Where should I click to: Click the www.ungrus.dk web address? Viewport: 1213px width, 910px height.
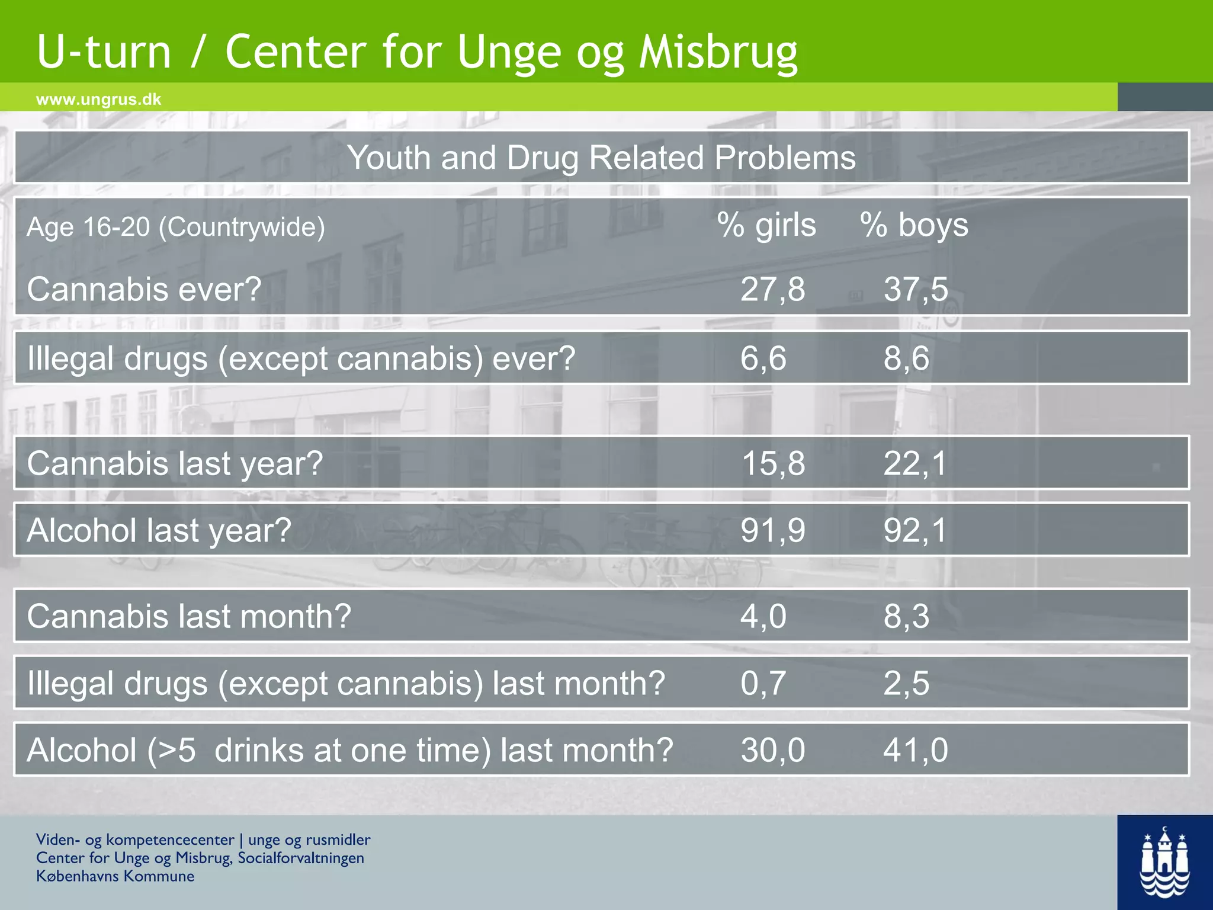click(98, 99)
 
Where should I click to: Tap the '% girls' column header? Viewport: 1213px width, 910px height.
click(766, 226)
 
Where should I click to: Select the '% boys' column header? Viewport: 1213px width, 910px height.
click(914, 226)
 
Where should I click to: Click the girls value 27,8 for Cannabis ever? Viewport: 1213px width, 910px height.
click(772, 290)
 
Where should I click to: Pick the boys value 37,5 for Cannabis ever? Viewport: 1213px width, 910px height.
click(916, 290)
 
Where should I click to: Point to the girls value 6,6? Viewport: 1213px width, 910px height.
click(763, 358)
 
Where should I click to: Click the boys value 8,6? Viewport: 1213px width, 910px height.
click(906, 358)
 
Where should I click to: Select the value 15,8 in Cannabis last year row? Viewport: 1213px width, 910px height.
click(772, 463)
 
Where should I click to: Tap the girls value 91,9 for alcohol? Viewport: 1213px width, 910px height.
click(772, 530)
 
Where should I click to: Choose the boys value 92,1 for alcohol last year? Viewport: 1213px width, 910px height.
click(916, 530)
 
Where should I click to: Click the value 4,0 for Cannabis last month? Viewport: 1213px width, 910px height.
click(763, 616)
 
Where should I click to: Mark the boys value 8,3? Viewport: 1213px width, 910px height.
click(906, 616)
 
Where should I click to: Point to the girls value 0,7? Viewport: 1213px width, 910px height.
click(763, 683)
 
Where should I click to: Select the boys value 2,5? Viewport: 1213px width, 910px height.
click(906, 683)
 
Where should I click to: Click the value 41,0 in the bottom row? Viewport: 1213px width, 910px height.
click(916, 750)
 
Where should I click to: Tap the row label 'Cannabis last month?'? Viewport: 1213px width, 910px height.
click(189, 616)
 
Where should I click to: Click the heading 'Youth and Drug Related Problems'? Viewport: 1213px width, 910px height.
click(601, 158)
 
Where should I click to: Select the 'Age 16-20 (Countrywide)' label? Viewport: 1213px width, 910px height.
click(176, 227)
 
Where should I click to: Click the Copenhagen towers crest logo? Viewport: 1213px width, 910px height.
click(1164, 863)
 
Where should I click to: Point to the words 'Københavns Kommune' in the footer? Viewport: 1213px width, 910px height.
click(115, 876)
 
